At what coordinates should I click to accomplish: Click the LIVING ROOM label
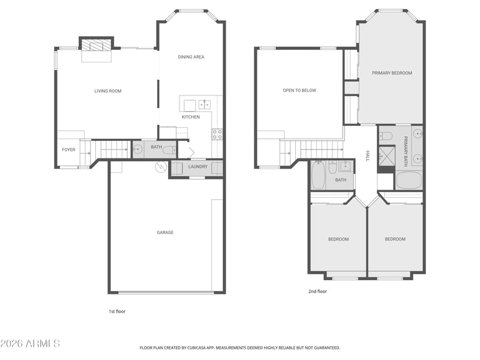pos(108,91)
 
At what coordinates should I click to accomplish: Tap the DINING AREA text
pos(191,57)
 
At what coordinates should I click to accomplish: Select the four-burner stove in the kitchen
pos(217,134)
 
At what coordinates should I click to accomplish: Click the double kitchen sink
pos(205,104)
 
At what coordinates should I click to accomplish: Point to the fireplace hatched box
pos(96,44)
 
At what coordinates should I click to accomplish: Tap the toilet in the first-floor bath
pos(169,150)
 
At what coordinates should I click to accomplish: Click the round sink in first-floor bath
pos(138,149)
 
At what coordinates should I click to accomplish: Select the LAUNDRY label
pos(198,167)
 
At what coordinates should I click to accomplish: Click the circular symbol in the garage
pos(160,167)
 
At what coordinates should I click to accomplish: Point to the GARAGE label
pos(165,233)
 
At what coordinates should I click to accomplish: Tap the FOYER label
pos(68,149)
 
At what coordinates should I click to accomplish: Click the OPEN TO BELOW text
pos(299,91)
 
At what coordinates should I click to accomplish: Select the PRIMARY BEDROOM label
pos(392,73)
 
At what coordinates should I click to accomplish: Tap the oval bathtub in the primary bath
pos(409,181)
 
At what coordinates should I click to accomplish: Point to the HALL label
pos(368,155)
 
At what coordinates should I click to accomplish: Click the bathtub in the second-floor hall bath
pos(319,175)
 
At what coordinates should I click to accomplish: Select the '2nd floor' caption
pos(317,292)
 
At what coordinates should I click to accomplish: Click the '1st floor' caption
pos(117,311)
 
